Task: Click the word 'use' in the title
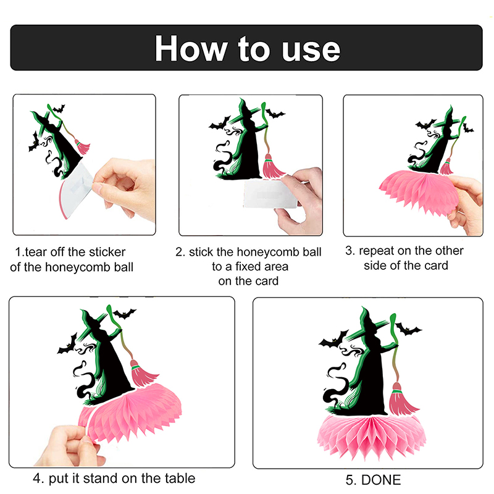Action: tap(311, 50)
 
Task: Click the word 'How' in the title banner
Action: tap(191, 48)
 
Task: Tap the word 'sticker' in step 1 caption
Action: tap(107, 252)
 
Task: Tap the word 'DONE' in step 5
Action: tap(381, 480)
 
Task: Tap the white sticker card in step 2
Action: tap(270, 194)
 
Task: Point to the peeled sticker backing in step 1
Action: tap(77, 189)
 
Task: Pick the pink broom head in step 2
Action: tap(272, 166)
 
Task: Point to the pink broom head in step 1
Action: tap(83, 147)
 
